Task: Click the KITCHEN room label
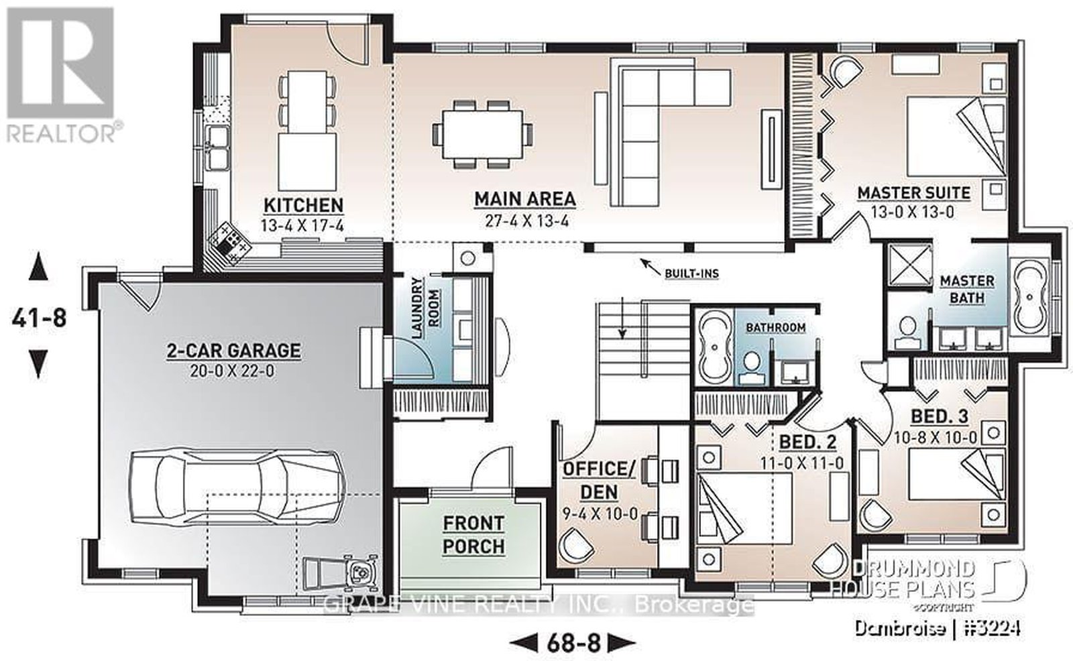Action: [x=304, y=205]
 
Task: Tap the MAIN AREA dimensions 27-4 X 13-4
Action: [x=527, y=221]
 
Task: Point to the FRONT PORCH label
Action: [x=473, y=534]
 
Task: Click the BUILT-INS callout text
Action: [x=691, y=274]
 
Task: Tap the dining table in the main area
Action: [x=482, y=134]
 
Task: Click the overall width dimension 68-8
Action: [x=573, y=643]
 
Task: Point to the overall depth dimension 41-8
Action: [x=39, y=318]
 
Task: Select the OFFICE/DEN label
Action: [x=599, y=481]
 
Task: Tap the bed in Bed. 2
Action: [x=744, y=508]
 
